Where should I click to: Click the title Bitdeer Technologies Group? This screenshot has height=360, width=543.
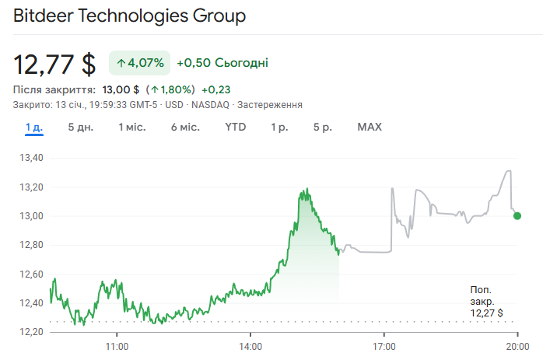[x=129, y=16]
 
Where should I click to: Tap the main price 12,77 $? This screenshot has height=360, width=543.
[x=54, y=62]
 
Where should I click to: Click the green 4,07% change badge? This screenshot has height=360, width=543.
[x=139, y=62]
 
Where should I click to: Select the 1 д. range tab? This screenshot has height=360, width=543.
[x=33, y=127]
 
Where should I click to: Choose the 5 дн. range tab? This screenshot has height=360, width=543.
[x=80, y=127]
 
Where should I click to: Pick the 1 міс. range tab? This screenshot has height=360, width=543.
[x=131, y=127]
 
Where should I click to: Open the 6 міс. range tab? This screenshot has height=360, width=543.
[x=185, y=127]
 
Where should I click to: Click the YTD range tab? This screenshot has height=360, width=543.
[x=235, y=127]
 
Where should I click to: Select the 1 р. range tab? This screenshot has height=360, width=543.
[x=279, y=127]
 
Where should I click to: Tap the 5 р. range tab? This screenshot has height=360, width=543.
[x=322, y=127]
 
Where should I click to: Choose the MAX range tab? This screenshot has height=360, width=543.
[x=370, y=127]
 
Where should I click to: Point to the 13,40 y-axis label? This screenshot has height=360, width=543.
[x=30, y=158]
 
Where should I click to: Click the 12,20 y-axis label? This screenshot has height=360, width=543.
[x=30, y=332]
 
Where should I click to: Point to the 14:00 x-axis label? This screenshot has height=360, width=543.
[x=250, y=346]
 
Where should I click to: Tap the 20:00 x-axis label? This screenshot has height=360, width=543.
[x=518, y=346]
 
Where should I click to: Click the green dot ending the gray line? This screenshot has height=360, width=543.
[x=518, y=215]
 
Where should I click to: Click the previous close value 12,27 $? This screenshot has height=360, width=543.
[x=486, y=313]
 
